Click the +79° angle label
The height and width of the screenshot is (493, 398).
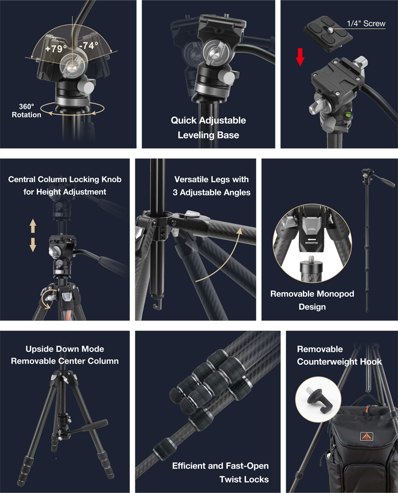click(x=56, y=48)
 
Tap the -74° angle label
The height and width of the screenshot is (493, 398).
click(x=89, y=46)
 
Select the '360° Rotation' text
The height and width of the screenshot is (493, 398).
click(x=26, y=110)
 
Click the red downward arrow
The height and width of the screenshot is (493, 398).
click(x=300, y=57)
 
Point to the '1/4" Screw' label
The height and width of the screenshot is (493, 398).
click(x=366, y=23)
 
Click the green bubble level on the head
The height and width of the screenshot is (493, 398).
click(x=349, y=114)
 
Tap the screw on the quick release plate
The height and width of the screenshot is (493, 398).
click(x=330, y=30)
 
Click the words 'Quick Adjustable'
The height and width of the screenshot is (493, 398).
click(x=208, y=120)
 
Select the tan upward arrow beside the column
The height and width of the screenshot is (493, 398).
click(x=33, y=226)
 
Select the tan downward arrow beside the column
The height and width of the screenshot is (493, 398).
click(x=33, y=245)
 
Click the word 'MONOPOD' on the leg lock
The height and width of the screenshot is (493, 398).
click(x=311, y=243)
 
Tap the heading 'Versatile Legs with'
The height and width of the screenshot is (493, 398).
click(x=211, y=179)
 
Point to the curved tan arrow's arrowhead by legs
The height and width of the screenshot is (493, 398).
click(x=240, y=231)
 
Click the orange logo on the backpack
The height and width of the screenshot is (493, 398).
click(x=367, y=436)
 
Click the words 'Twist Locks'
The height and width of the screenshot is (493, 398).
click(x=244, y=479)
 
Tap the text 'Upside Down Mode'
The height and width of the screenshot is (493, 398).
click(x=65, y=349)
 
